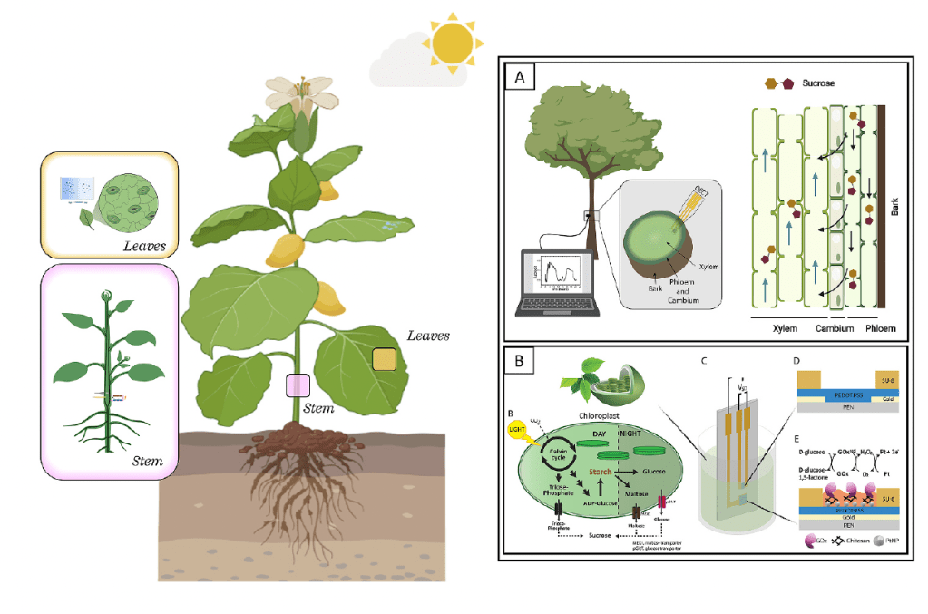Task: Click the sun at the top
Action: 453,40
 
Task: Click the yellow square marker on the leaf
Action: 385,360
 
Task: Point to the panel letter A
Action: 520,78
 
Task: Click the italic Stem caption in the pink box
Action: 148,461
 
